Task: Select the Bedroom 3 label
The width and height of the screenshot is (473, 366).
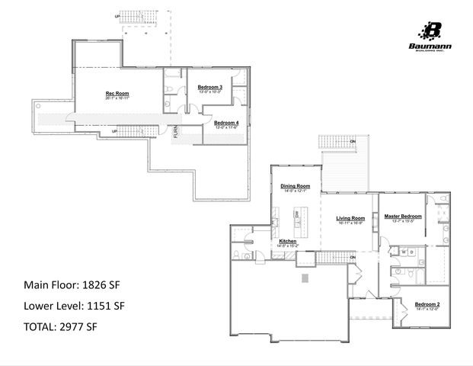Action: tap(209, 87)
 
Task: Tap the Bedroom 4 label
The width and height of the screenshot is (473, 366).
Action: tap(225, 123)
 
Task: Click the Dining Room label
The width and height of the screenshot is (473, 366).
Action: tap(295, 186)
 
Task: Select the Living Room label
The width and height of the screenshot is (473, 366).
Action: tap(350, 218)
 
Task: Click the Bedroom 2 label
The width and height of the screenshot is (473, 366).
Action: tap(427, 303)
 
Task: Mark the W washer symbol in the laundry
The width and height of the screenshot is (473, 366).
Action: tap(403, 251)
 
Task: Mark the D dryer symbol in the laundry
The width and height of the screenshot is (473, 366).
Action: tap(411, 251)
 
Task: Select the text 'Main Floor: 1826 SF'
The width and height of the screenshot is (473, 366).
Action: tap(72, 285)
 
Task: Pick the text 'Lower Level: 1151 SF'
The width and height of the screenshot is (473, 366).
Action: tap(73, 306)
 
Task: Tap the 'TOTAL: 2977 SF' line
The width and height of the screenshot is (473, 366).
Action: tap(60, 326)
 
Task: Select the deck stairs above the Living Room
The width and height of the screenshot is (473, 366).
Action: tap(331, 143)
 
